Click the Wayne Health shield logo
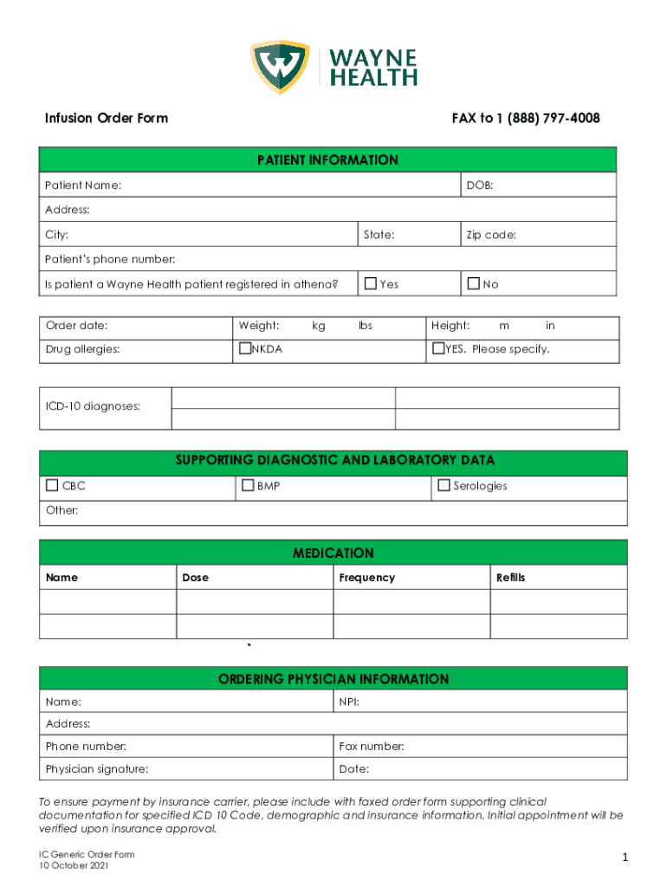[x=280, y=67]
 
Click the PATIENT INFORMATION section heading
[x=327, y=160]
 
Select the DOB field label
[x=480, y=185]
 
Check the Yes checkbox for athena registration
[x=371, y=283]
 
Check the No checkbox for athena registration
[x=473, y=283]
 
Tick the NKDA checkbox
[x=244, y=349]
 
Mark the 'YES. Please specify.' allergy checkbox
[x=438, y=349]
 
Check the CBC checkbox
[x=53, y=486]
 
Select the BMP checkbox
[x=248, y=486]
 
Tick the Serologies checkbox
[x=444, y=486]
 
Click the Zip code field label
[x=491, y=235]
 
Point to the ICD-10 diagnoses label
[x=93, y=405]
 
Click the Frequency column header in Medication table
[x=366, y=578]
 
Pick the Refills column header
[x=510, y=578]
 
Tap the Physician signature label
[x=96, y=769]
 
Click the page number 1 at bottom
[x=623, y=858]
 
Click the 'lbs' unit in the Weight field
[x=365, y=326]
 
